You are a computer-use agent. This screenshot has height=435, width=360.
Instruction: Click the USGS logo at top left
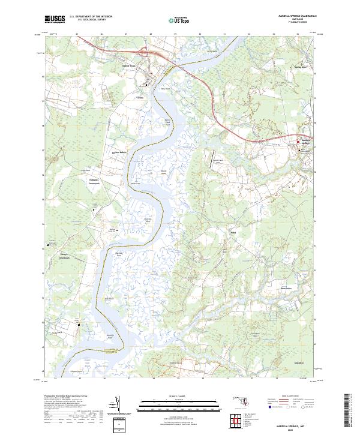coord(54,19)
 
